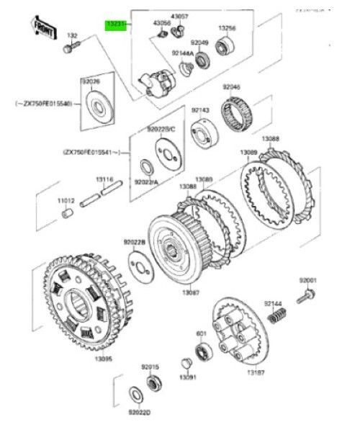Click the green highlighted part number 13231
[x=115, y=25]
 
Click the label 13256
[x=228, y=29]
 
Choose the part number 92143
[x=200, y=110]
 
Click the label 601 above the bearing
[x=202, y=333]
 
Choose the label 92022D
[x=139, y=413]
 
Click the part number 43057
[x=179, y=16]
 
